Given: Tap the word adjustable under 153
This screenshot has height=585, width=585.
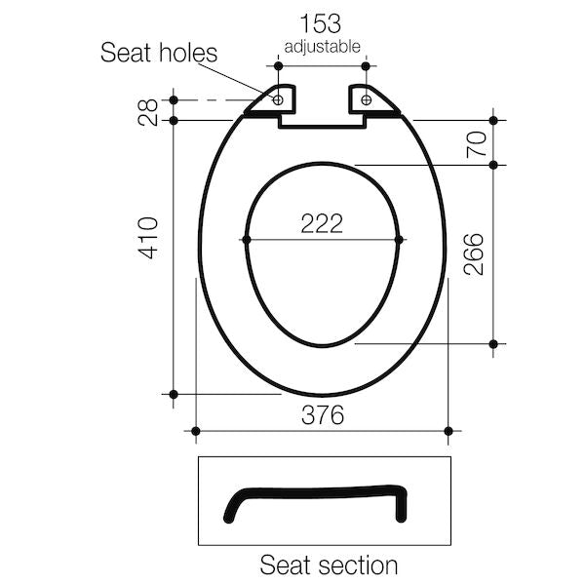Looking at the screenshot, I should click(322, 46).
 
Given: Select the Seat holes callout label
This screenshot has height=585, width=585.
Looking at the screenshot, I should click(160, 53).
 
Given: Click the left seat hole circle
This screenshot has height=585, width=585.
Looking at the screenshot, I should click(278, 98).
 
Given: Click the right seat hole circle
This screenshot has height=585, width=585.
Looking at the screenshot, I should click(367, 98).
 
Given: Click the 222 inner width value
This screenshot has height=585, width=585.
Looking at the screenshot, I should click(322, 223).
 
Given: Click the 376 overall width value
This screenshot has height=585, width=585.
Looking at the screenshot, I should click(322, 415).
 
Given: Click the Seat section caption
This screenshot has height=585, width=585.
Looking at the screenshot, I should click(328, 565).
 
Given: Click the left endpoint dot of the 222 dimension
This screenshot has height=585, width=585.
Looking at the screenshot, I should click(246, 239).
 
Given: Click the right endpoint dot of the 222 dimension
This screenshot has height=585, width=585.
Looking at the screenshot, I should click(400, 239).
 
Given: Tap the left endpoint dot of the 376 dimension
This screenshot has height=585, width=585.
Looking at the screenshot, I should click(196, 430).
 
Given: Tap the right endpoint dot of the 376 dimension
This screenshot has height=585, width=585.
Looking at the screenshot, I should click(448, 430).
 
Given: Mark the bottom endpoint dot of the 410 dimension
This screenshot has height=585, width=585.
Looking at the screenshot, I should click(174, 394).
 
